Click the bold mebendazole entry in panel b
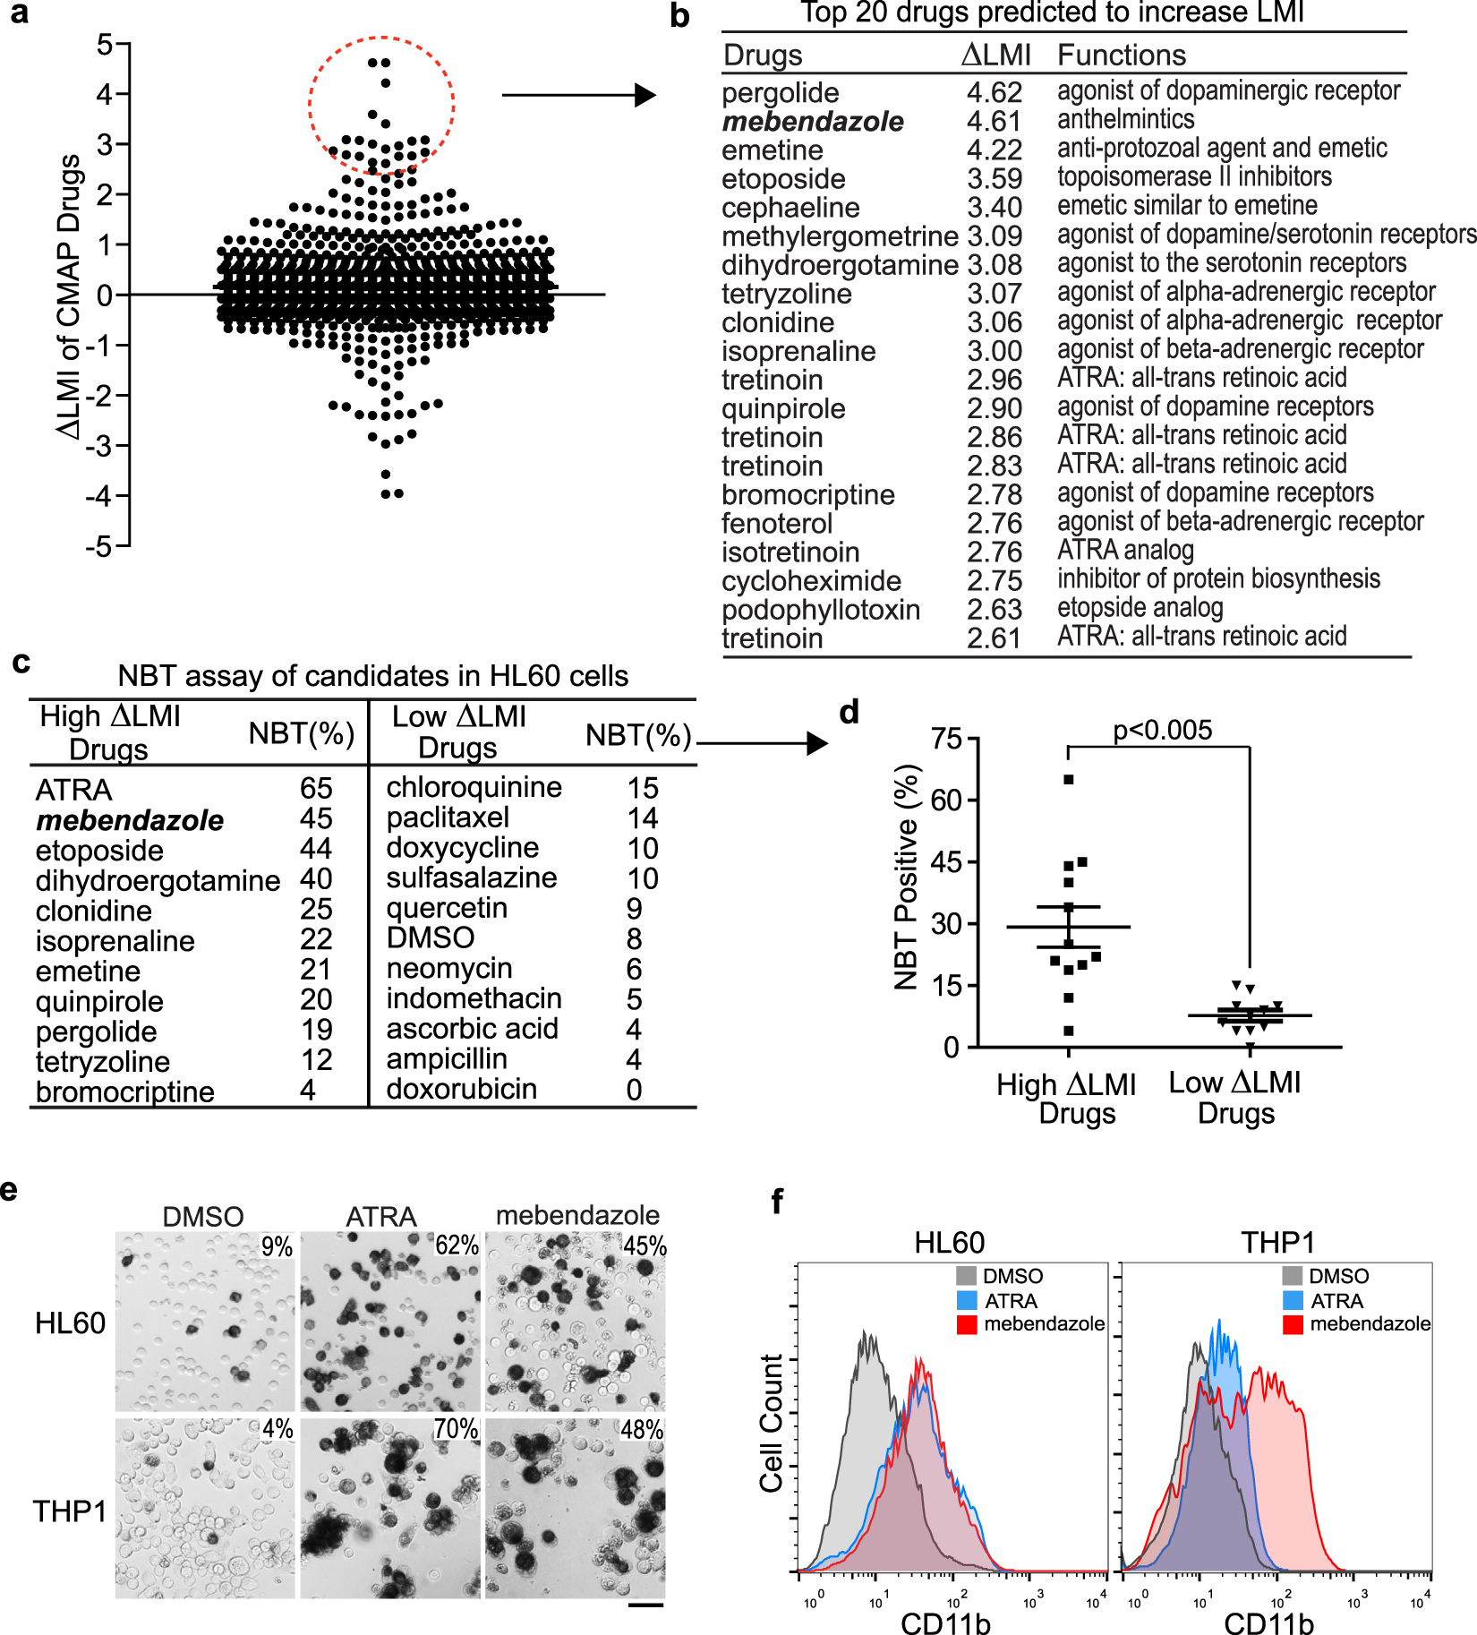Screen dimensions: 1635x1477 (x=812, y=122)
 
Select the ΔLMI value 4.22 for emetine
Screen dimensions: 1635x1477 (x=994, y=150)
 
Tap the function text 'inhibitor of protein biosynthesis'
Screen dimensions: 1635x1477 (x=1218, y=579)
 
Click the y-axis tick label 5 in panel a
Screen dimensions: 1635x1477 (x=105, y=44)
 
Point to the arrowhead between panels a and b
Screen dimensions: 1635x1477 (x=645, y=95)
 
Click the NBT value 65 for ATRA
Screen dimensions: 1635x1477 (x=316, y=789)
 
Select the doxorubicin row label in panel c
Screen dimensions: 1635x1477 (x=461, y=1090)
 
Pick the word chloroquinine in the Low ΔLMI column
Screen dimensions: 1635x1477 (x=474, y=787)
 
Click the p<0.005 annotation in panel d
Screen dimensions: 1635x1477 (x=1162, y=731)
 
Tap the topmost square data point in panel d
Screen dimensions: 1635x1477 (x=1069, y=780)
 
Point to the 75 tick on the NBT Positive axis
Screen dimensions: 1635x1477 (x=945, y=739)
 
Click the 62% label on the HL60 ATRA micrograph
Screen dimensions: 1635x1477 (x=457, y=1245)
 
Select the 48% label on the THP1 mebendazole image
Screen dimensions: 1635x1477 (x=642, y=1430)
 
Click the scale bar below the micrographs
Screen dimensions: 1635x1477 (x=645, y=1605)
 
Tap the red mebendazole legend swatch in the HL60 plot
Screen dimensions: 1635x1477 (x=967, y=1324)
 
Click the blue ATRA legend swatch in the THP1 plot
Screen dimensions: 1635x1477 (x=1293, y=1300)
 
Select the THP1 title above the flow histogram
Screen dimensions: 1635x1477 (x=1277, y=1243)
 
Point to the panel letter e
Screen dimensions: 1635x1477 (x=10, y=1191)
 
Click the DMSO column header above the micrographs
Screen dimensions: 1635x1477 (x=203, y=1217)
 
